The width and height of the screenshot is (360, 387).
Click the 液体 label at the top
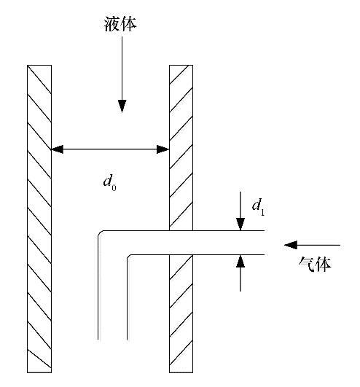pos(120,24)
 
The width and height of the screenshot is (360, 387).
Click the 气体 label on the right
pos(315,264)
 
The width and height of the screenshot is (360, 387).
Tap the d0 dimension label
pos(110,183)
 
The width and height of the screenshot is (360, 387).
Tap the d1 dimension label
pos(259,207)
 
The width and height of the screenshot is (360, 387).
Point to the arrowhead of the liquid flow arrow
pos(122,106)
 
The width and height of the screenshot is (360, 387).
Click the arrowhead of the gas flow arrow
pos(291,245)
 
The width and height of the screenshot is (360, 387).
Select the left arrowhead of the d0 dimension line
pos(57,149)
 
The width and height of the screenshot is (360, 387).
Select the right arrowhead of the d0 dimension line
pos(163,149)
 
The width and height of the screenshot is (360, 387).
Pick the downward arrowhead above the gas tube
pos(240,224)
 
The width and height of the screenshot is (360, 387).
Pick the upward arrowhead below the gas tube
pos(240,261)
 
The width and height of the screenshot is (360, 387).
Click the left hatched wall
pos(39,219)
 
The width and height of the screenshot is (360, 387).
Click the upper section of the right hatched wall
pos(181,148)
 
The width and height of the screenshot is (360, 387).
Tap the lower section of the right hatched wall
pos(181,313)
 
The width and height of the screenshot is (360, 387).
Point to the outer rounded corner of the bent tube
pos(100,232)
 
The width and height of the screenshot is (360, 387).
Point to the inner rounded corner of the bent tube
pos(128,256)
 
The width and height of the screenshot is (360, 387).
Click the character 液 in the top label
pos(112,24)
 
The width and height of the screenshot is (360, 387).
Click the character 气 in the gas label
pos(307,264)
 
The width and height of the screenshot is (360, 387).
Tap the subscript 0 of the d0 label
pos(114,188)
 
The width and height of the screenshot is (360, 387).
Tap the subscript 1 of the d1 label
pos(262,212)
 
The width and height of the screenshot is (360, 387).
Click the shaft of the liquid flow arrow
pos(122,69)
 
